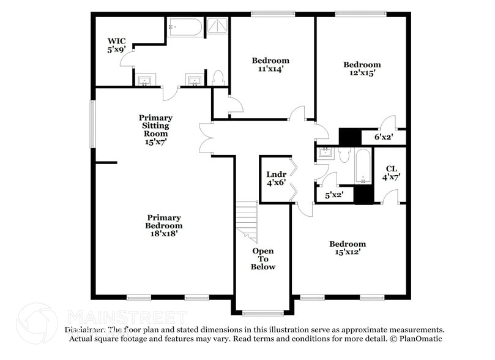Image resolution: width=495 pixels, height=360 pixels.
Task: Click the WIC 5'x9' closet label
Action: coord(116,45)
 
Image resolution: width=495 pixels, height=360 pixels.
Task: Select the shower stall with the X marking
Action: coord(216,26)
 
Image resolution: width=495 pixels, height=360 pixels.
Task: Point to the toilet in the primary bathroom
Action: coord(217,78)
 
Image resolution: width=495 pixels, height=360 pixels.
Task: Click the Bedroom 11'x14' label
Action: coord(270,66)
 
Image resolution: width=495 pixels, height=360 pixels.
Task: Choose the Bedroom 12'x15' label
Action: coord(362,69)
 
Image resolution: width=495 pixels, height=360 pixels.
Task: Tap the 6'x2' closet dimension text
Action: coord(384,137)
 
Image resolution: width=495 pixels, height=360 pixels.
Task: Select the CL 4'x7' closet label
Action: coord(390,173)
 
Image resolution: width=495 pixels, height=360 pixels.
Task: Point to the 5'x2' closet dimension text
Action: coord(333,195)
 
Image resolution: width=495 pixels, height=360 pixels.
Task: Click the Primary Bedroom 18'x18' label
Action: coord(163,225)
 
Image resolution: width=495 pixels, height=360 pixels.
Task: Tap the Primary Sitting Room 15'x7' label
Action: coord(155,129)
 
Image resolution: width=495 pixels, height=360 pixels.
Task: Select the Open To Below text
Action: coord(263,259)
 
